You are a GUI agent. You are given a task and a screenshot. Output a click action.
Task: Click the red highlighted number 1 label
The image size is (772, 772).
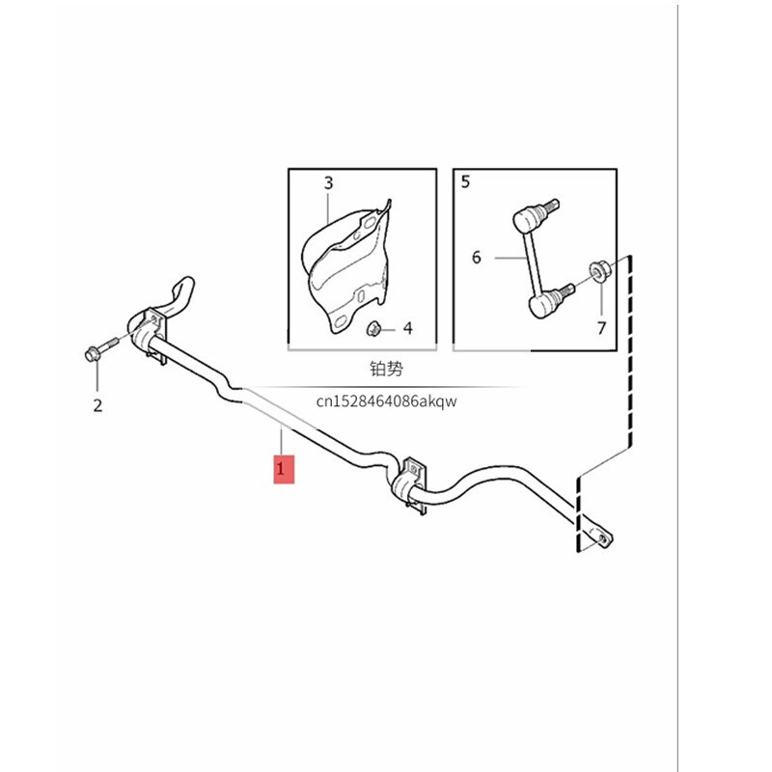[283, 470]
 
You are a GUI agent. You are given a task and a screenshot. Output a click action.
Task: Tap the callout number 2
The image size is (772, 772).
[97, 405]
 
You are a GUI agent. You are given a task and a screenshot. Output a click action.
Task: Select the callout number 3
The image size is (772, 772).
[328, 182]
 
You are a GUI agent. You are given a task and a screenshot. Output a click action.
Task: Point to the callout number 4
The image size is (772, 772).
[407, 329]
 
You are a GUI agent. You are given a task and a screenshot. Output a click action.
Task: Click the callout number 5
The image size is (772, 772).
[466, 181]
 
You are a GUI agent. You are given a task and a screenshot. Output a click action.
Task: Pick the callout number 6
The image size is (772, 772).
[476, 257]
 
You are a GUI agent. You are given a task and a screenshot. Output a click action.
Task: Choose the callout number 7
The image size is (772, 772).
[600, 328]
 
